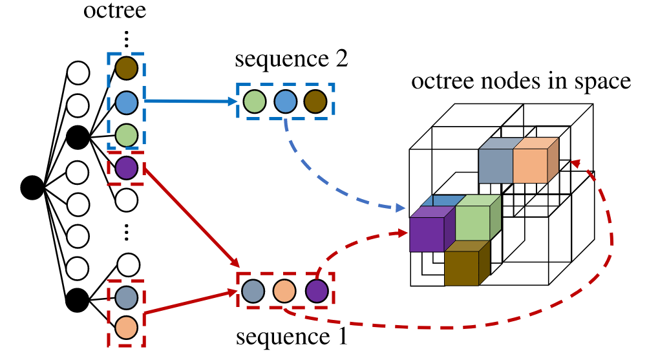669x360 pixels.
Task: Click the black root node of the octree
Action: point(32,187)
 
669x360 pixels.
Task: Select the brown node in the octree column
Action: point(127,68)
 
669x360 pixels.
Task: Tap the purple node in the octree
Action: point(127,168)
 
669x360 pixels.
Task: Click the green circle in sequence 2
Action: point(253,101)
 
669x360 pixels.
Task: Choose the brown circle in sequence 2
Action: point(315,101)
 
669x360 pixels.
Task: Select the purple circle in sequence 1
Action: point(316,291)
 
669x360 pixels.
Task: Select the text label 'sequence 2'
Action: point(292,60)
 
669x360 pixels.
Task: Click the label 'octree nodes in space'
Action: point(521,81)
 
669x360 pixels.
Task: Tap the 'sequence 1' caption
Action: point(292,337)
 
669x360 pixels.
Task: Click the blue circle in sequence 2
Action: point(284,101)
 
